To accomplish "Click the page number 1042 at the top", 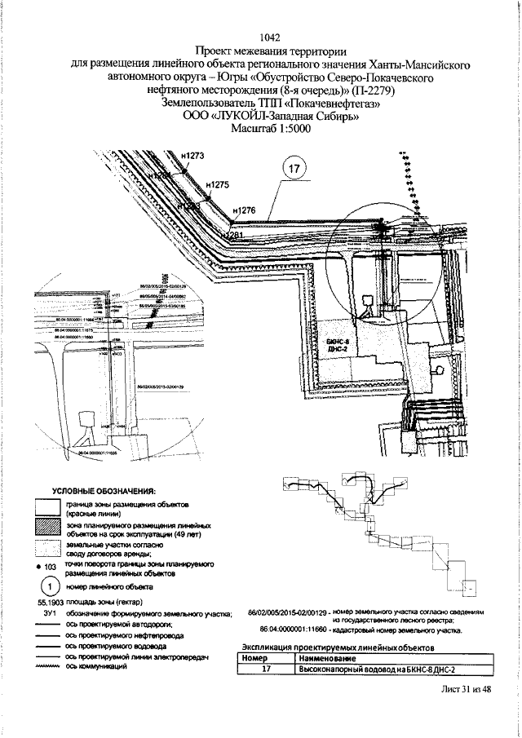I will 269,37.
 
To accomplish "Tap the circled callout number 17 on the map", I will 295,170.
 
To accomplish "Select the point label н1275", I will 218,185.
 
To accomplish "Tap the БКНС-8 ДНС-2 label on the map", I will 337,345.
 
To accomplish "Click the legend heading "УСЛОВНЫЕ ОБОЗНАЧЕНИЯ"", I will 104,491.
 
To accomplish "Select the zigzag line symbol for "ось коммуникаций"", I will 48,666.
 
